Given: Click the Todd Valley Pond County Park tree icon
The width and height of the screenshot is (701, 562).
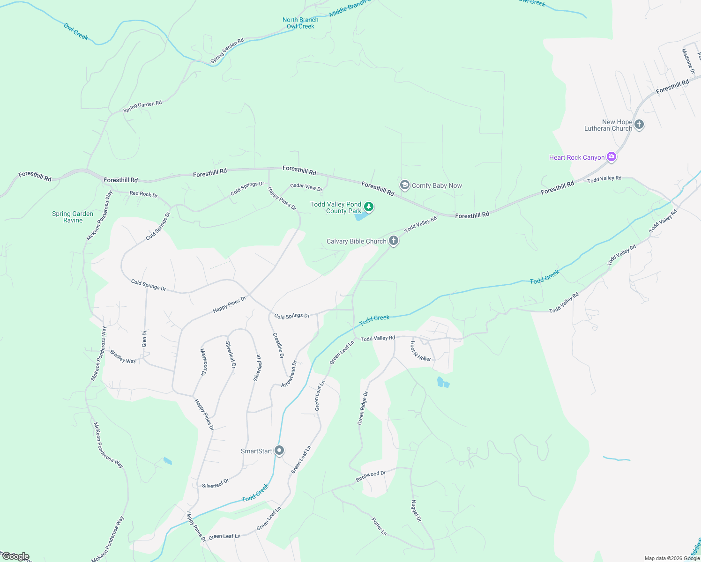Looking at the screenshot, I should point(369,207).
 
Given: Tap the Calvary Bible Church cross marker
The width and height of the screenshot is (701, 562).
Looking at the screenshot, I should point(394,241).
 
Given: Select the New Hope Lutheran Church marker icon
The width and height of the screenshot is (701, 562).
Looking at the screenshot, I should point(639,125).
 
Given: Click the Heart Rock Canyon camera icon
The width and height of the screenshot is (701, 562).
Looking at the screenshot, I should point(611,157).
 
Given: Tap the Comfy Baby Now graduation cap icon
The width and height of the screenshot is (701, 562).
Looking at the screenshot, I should point(404,185).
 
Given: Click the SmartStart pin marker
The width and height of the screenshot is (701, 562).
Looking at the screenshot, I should point(279,451).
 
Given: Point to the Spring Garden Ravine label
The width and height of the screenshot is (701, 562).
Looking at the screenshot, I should point(73,217).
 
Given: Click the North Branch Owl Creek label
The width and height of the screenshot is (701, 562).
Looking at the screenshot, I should point(300,23).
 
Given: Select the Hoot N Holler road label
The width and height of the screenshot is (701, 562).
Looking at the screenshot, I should point(420,351).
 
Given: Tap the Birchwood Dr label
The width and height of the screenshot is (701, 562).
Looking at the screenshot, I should point(371,476).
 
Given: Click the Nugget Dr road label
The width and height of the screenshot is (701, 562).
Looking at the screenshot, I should point(416,511).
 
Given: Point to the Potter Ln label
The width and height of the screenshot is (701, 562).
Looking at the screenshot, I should point(379,526).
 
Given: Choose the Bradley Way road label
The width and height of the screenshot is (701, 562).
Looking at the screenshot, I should point(123,357).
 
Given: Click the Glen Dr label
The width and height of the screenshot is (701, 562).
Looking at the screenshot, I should point(144,339).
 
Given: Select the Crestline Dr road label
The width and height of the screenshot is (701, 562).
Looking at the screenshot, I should point(278,346).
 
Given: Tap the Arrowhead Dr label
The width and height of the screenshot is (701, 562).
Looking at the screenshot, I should point(289,374).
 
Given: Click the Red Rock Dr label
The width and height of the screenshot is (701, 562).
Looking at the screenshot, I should point(143,194).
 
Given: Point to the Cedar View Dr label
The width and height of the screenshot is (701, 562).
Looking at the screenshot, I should point(306,187).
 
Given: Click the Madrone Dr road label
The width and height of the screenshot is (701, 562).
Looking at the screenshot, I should point(688,61).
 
